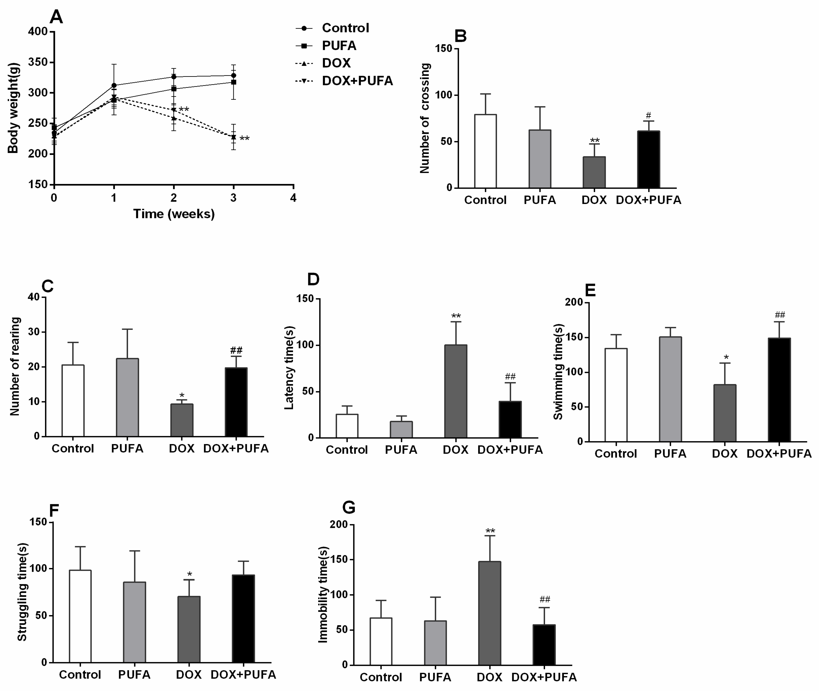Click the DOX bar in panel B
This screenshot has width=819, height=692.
594,172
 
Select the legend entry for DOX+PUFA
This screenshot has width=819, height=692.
357,81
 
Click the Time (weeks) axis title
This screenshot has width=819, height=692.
174,214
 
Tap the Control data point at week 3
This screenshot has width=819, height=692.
233,75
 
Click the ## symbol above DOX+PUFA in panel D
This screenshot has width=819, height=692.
510,377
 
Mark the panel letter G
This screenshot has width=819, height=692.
349,507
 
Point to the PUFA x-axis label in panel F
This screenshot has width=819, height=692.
134,675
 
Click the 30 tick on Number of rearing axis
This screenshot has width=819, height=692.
34,332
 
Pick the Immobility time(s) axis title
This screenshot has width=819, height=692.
323,595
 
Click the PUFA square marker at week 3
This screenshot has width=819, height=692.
233,82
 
